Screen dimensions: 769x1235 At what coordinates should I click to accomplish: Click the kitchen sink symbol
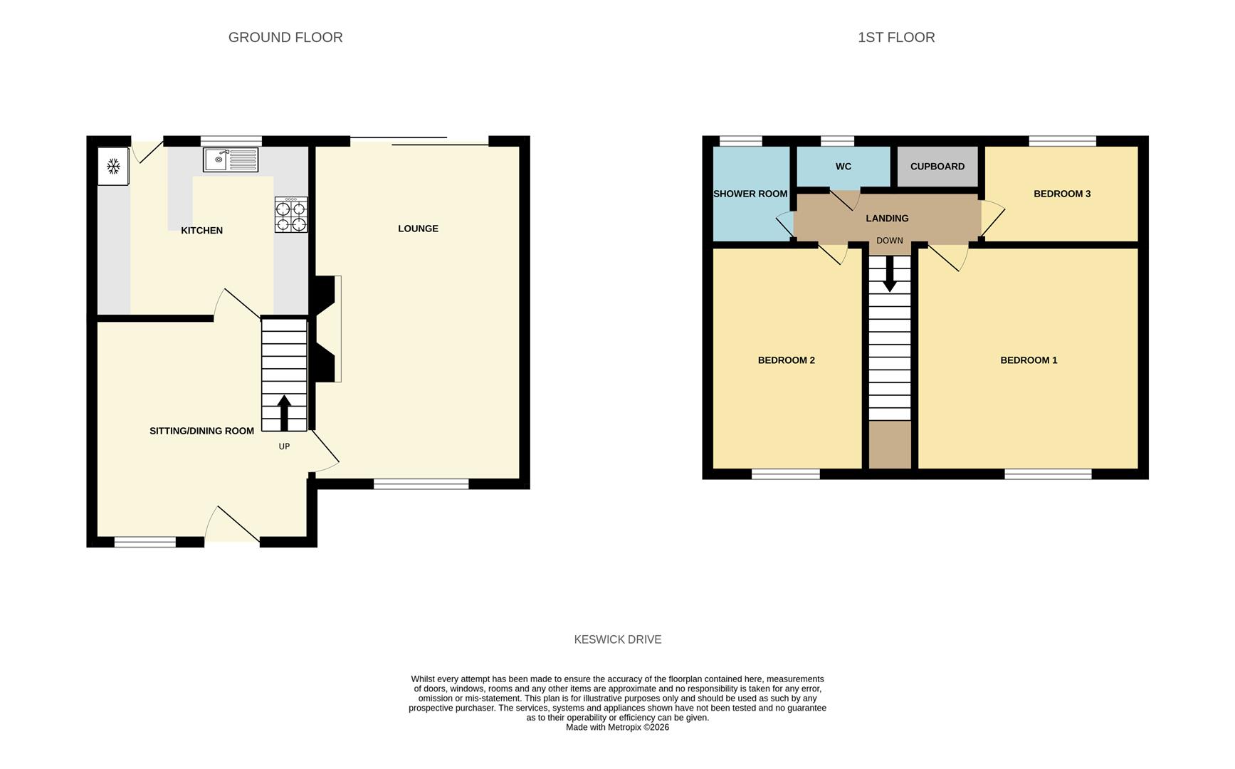pyautogui.click(x=230, y=159)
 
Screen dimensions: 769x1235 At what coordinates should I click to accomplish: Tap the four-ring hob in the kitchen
pyautogui.click(x=291, y=215)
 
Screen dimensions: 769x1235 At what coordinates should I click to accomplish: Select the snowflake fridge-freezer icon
pyautogui.click(x=113, y=167)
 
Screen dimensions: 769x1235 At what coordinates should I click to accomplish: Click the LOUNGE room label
pyautogui.click(x=418, y=229)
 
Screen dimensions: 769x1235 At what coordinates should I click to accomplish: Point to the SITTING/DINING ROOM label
pyautogui.click(x=201, y=431)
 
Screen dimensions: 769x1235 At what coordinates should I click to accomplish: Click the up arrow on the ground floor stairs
pyautogui.click(x=284, y=413)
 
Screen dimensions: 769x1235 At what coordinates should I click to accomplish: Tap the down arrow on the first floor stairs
pyautogui.click(x=889, y=273)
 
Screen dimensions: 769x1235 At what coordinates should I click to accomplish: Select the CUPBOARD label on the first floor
pyautogui.click(x=937, y=167)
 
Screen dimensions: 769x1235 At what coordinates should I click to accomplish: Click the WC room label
pyautogui.click(x=843, y=167)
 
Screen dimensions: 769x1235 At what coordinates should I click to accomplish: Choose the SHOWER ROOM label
pyautogui.click(x=750, y=194)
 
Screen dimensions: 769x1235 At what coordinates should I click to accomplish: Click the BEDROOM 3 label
pyautogui.click(x=1061, y=194)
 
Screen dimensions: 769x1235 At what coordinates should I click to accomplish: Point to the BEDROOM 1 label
pyautogui.click(x=1028, y=360)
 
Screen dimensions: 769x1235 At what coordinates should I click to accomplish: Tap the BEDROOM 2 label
pyautogui.click(x=786, y=360)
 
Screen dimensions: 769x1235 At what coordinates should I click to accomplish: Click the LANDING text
pyautogui.click(x=887, y=219)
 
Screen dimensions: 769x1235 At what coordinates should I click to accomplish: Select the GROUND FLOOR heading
pyautogui.click(x=285, y=38)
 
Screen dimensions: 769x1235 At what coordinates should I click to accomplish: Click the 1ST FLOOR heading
pyautogui.click(x=895, y=38)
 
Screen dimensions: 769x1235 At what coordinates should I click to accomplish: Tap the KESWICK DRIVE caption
pyautogui.click(x=617, y=639)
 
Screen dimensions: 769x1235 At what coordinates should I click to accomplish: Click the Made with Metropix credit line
pyautogui.click(x=617, y=728)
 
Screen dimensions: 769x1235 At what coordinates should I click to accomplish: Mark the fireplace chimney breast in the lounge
pyautogui.click(x=325, y=328)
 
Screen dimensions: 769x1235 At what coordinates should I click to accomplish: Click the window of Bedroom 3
pyautogui.click(x=1062, y=141)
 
